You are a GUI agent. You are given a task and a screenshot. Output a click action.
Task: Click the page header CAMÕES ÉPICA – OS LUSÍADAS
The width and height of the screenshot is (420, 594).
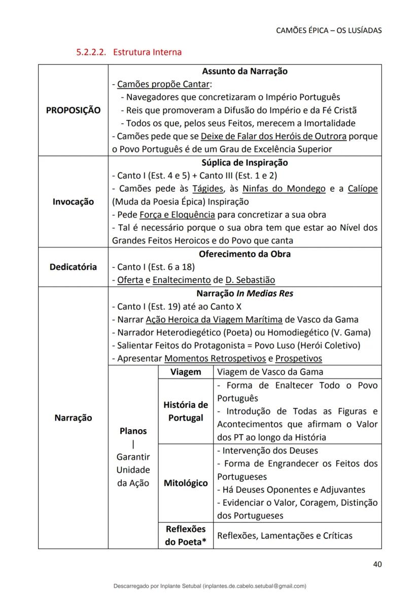[x=329, y=30]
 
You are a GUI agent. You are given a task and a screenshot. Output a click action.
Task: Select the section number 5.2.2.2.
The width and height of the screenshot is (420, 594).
[x=91, y=52]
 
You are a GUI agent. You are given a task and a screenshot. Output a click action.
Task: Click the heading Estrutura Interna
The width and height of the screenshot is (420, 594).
[x=147, y=52]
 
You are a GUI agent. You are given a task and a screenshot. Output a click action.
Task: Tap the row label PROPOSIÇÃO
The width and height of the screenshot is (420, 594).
[x=73, y=110]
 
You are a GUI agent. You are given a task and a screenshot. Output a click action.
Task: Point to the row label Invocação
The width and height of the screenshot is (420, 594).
[x=73, y=202]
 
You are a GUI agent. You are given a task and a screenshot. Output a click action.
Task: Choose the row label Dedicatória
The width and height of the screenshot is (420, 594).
[x=73, y=267]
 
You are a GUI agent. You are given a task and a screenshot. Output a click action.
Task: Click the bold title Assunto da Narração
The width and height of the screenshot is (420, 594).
[x=244, y=72]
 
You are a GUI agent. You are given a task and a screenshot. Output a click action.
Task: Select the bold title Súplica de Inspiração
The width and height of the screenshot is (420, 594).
[x=244, y=163]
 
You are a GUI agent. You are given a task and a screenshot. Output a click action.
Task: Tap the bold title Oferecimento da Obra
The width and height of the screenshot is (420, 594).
[x=244, y=254]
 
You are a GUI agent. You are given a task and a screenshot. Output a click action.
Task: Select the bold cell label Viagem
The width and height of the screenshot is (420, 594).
[x=186, y=372]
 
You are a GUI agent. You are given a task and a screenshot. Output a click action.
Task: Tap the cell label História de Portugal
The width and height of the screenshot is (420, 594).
[x=186, y=411]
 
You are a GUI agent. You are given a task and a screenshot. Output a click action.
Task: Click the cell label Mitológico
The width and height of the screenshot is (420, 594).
[x=186, y=483]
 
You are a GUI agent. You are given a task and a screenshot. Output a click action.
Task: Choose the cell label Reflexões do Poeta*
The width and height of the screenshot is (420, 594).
[x=186, y=536]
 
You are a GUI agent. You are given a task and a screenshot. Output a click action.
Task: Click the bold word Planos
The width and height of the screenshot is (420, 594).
[x=133, y=431]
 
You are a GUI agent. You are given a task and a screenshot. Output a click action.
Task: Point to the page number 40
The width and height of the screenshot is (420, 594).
[x=377, y=564]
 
